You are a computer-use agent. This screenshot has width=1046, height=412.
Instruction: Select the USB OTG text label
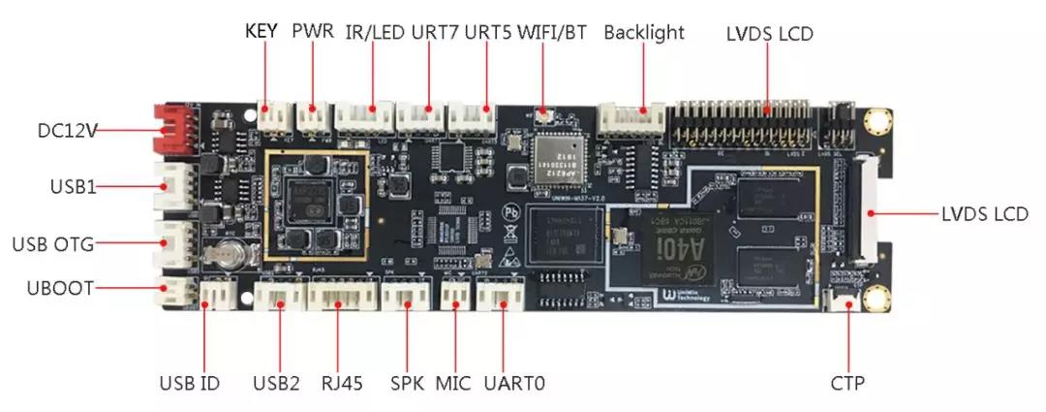[x=53, y=244]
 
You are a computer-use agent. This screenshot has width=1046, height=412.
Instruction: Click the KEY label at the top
[x=261, y=31]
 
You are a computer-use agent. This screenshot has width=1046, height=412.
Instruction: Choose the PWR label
[x=313, y=31]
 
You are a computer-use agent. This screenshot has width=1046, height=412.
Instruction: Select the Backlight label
[x=644, y=32]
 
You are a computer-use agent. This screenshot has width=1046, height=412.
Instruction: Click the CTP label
[x=847, y=383]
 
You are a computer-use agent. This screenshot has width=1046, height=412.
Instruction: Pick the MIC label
[x=452, y=383]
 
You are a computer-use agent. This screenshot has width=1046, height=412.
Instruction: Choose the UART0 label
[x=514, y=383]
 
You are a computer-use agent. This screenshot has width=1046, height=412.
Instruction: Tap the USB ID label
[x=190, y=383]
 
